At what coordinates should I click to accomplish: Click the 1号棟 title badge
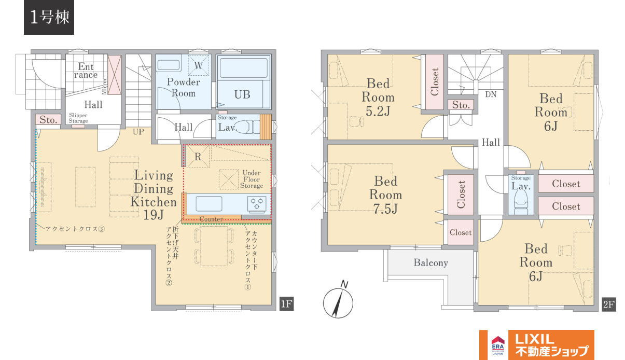click(x=49, y=17)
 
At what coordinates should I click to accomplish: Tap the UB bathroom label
click(x=242, y=94)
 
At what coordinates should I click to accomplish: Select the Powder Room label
click(x=183, y=87)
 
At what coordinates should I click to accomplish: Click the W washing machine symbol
click(x=198, y=65)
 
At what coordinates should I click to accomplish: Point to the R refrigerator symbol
click(x=198, y=157)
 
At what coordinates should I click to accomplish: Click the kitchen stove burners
click(x=257, y=203)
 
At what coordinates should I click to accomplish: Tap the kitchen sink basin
click(x=209, y=203)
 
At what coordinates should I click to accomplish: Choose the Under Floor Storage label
click(x=252, y=179)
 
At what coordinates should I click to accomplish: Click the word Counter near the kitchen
click(x=211, y=219)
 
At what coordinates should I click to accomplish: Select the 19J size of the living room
click(x=153, y=215)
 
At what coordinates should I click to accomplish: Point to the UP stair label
click(x=138, y=132)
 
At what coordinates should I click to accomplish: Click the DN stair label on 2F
click(x=491, y=94)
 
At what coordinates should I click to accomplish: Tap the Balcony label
click(x=431, y=262)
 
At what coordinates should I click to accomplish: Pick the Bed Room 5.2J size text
click(x=378, y=112)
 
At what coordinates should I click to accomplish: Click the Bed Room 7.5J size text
click(x=385, y=209)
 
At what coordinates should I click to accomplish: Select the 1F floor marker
click(x=286, y=304)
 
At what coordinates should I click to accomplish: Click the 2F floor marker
click(x=609, y=304)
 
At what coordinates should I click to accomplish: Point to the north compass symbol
click(x=339, y=301)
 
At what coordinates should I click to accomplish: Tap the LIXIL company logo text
click(x=534, y=339)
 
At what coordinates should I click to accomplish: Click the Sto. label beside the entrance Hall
click(x=48, y=120)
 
